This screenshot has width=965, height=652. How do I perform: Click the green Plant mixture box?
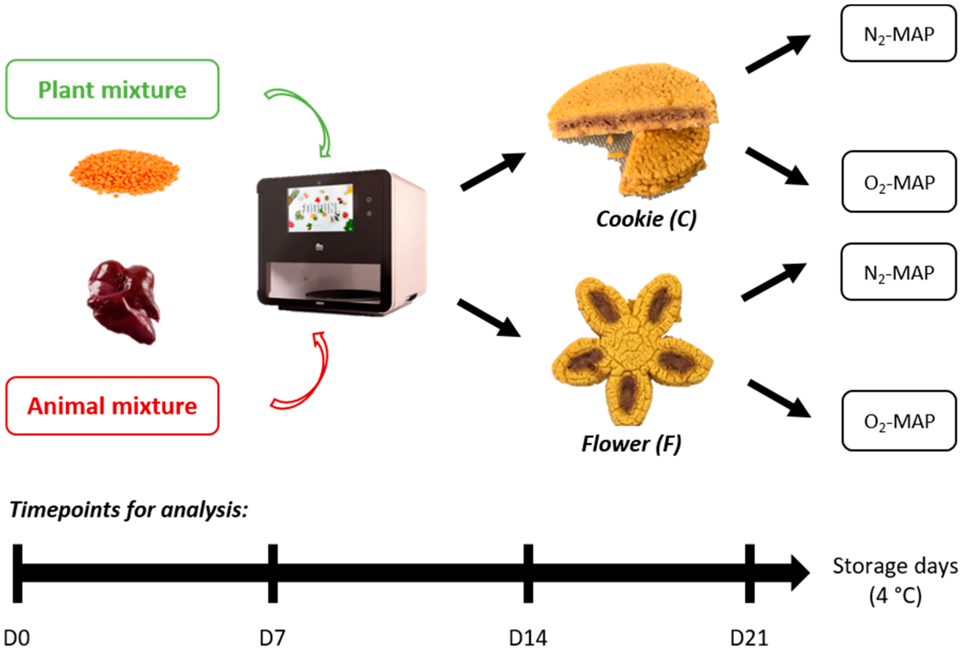point(112,89)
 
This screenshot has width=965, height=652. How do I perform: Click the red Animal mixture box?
point(112,406)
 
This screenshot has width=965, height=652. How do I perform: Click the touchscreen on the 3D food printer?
point(320,208)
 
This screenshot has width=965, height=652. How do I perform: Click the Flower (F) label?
point(631,444)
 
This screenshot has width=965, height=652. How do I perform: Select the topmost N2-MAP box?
point(899,34)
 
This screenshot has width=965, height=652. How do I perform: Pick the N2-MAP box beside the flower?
point(899,272)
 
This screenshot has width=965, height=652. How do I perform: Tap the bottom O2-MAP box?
point(899,421)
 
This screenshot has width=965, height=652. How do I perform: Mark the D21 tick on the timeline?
point(749,573)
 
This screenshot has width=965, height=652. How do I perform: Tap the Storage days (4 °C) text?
point(895,581)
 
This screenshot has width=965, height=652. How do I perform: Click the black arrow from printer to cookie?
point(493,171)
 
